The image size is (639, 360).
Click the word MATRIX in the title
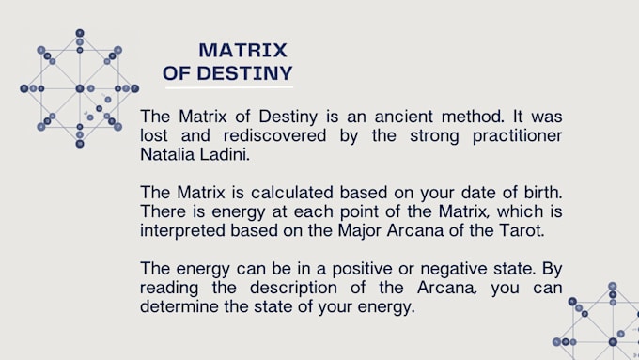[243, 50]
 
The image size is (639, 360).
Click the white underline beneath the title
[229, 87]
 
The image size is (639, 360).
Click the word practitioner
[514, 136]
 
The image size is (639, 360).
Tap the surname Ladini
[224, 154]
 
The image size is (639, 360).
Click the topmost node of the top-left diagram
[79, 33]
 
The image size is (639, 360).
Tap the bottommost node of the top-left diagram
[79, 144]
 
